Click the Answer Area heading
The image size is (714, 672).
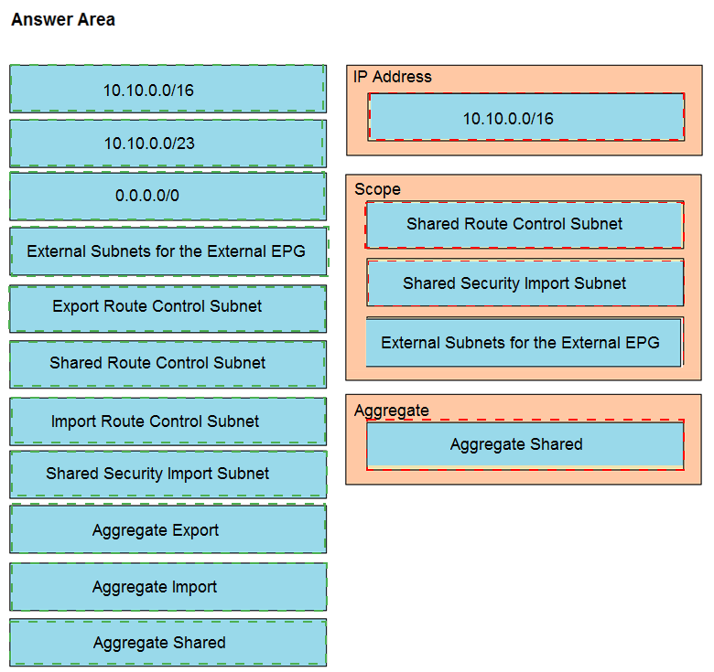click(63, 19)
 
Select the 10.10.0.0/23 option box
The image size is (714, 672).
click(168, 144)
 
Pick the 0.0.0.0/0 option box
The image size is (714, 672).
click(168, 196)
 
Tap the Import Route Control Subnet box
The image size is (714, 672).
click(168, 421)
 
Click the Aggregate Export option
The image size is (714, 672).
click(168, 528)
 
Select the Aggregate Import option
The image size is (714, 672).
click(168, 587)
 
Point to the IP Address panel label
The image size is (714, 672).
click(393, 77)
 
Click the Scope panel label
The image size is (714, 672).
click(377, 189)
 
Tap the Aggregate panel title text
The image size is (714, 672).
click(392, 411)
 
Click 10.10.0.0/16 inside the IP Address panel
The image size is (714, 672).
click(526, 117)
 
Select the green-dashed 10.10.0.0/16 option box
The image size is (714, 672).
click(168, 89)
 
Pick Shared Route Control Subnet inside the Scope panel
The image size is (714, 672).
click(525, 225)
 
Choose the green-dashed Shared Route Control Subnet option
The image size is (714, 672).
click(168, 364)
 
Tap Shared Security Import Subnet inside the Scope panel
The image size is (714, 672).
click(525, 283)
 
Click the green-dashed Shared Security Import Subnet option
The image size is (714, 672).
click(168, 475)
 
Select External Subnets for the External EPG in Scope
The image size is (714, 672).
click(525, 342)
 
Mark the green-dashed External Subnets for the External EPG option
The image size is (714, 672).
click(168, 251)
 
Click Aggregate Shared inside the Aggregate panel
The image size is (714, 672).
click(525, 444)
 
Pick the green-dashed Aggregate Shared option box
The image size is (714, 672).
click(168, 643)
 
